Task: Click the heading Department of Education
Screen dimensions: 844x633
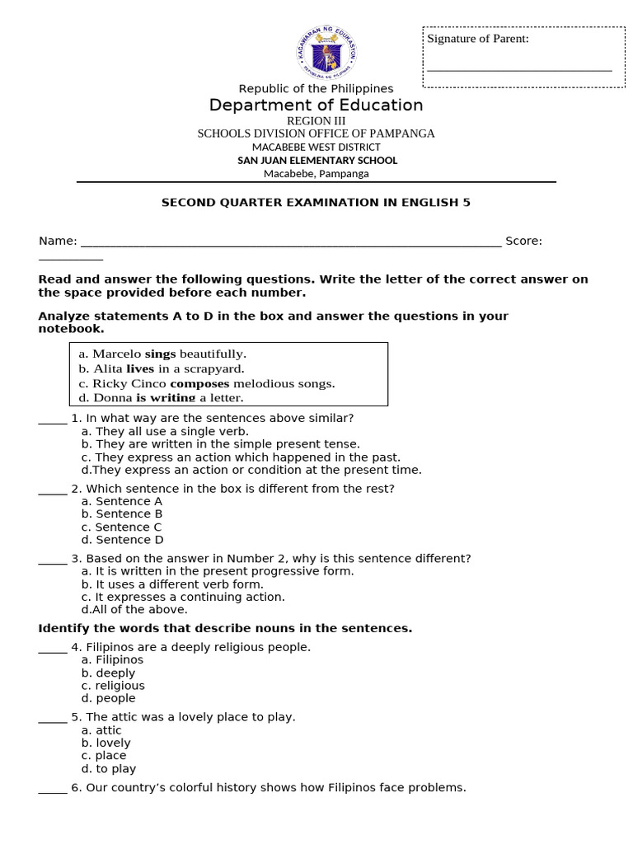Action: coord(316,105)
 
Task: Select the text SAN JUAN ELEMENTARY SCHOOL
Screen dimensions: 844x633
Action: coord(317,161)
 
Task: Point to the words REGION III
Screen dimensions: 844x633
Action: coord(316,121)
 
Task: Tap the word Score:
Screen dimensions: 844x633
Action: coord(523,241)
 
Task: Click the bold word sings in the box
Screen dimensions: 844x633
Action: coord(160,354)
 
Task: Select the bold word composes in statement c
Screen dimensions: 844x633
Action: coord(199,384)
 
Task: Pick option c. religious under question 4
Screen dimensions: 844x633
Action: coord(113,686)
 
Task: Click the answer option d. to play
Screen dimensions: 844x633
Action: coord(109,769)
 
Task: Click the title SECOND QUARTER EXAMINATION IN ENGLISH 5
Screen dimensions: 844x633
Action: coord(316,202)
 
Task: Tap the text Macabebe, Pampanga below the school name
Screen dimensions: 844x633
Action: coord(316,174)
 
